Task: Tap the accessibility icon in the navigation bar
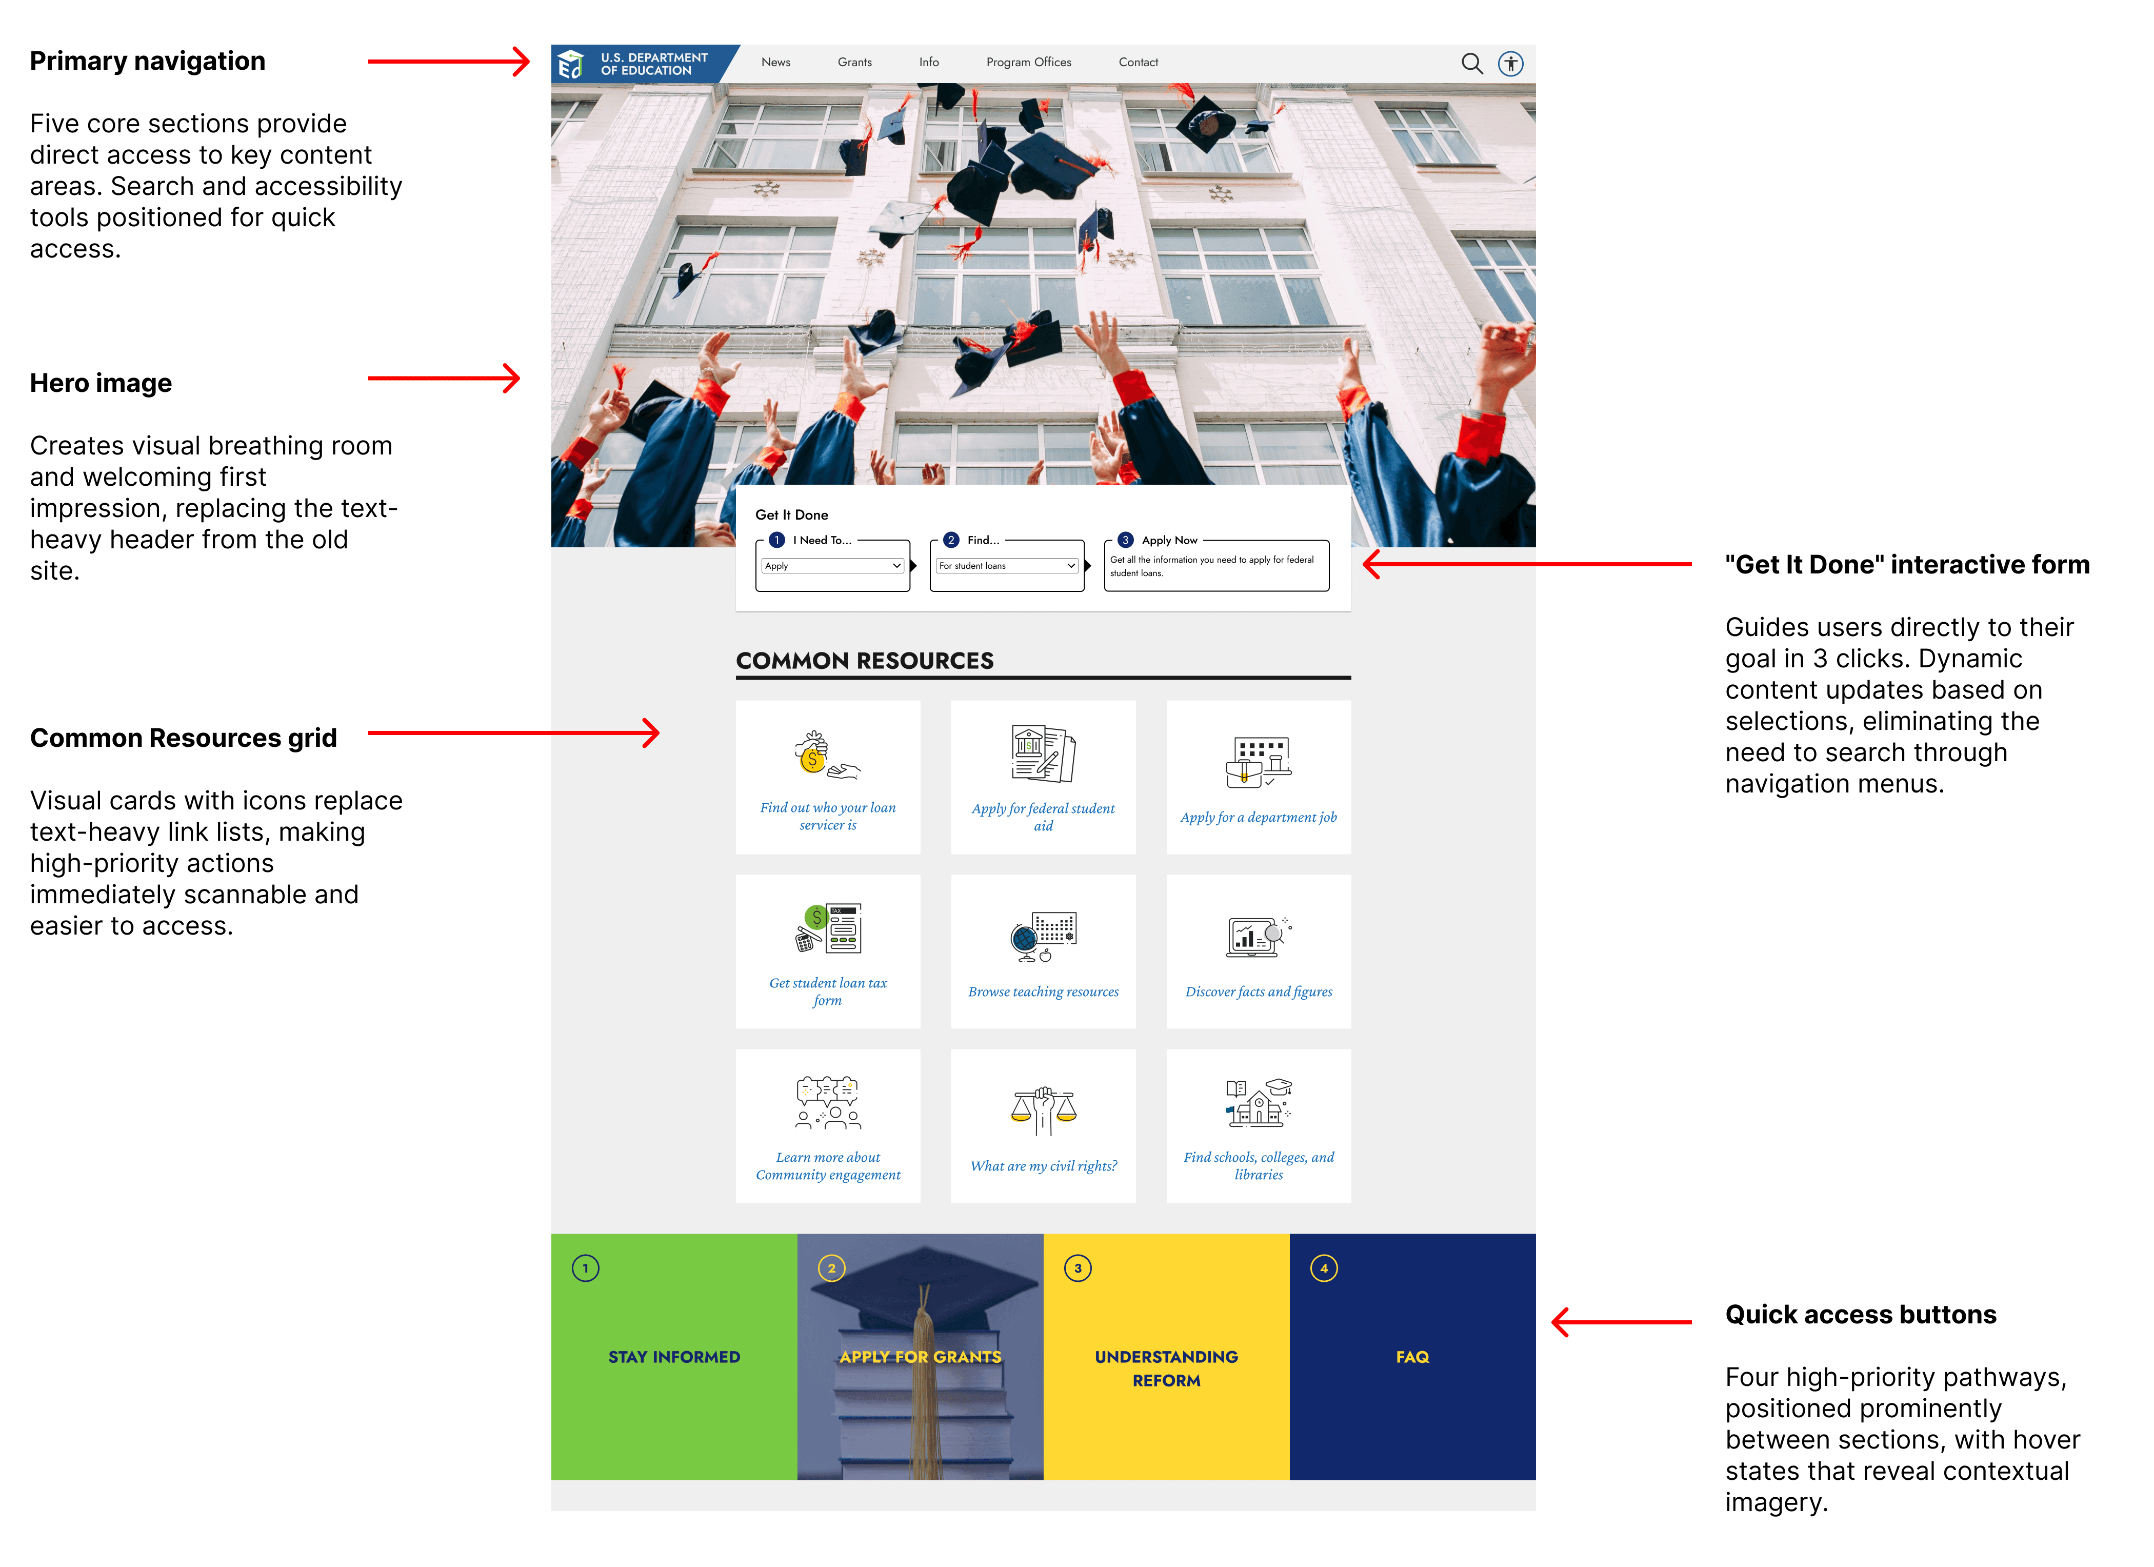click(1510, 64)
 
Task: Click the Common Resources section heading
click(864, 661)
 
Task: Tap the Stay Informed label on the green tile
click(673, 1357)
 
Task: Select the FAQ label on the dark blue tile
click(1411, 1357)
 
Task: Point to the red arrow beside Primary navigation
click(448, 62)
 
